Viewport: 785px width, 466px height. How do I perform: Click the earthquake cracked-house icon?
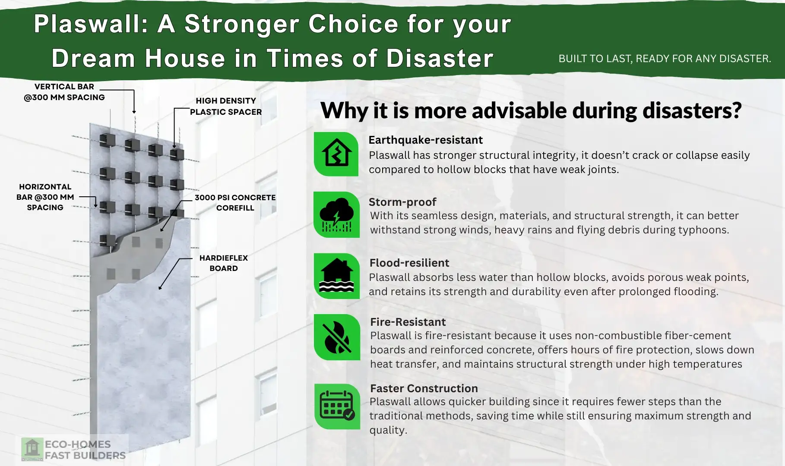coord(336,154)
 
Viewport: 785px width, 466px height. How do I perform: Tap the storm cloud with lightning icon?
coord(337,214)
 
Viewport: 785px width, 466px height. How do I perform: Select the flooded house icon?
coord(337,276)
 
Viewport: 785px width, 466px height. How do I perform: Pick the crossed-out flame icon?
coord(337,337)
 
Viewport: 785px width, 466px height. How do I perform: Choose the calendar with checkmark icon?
coord(337,406)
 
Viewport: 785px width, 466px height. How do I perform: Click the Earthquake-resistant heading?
coord(425,140)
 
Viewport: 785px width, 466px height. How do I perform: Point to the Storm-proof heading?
coord(402,202)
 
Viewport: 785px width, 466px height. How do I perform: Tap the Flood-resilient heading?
coord(409,263)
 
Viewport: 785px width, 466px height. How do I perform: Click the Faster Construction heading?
coord(424,388)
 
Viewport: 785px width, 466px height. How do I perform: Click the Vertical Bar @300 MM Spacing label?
coord(64,92)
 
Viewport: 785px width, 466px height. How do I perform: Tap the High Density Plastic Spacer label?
coord(226,106)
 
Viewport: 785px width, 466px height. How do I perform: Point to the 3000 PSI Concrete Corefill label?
coord(235,202)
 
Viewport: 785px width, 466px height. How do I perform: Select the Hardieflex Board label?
coord(223,263)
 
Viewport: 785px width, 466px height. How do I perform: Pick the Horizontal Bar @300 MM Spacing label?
coord(45,197)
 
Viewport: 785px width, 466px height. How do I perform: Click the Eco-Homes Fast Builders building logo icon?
coord(32,449)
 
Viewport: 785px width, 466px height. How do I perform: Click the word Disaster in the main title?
coord(440,58)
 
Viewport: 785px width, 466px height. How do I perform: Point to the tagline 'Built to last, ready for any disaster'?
coord(665,59)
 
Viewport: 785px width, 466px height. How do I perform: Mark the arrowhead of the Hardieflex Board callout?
coord(160,287)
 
